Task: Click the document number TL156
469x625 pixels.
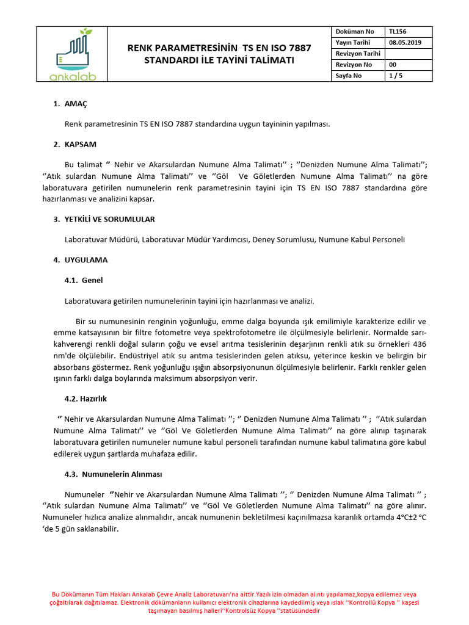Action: (397, 31)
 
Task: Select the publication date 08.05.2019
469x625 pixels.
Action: (404, 42)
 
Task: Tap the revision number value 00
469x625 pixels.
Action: (392, 65)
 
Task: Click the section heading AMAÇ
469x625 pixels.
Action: (76, 104)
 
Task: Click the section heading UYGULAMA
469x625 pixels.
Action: (85, 260)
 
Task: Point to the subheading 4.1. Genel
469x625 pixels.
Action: (84, 280)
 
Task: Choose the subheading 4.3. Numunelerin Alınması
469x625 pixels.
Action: (113, 474)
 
